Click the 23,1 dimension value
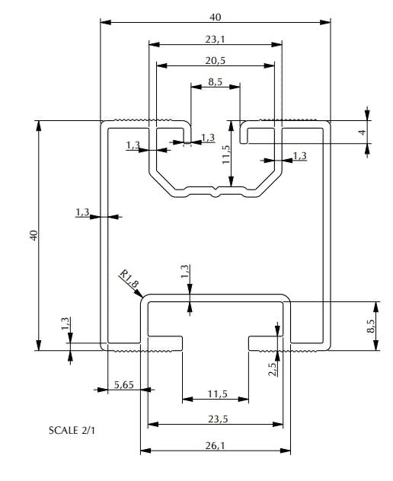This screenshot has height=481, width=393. coord(215,40)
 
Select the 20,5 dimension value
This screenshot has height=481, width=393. coord(216,61)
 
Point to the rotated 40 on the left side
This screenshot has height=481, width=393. coord(34,235)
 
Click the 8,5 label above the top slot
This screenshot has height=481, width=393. coord(215,82)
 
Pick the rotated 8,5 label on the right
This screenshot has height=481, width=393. coord(371,326)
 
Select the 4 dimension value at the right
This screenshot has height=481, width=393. coord(363,132)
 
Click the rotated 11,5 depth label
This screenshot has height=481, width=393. coord(226,154)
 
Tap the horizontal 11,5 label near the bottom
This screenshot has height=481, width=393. coord(217,393)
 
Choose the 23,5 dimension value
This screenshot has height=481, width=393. coord(218,419)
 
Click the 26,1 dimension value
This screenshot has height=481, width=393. coord(215,445)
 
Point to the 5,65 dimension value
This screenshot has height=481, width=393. coord(123,384)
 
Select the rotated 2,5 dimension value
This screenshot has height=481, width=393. coord(273,369)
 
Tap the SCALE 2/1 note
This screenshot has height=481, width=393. coord(72,430)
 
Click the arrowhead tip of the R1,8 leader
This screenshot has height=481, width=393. coord(143,298)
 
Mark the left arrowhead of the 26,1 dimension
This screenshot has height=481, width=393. coord(141,451)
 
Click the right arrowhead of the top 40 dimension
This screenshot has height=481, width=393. coord(330,22)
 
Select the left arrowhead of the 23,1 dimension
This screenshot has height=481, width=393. coord(149,44)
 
